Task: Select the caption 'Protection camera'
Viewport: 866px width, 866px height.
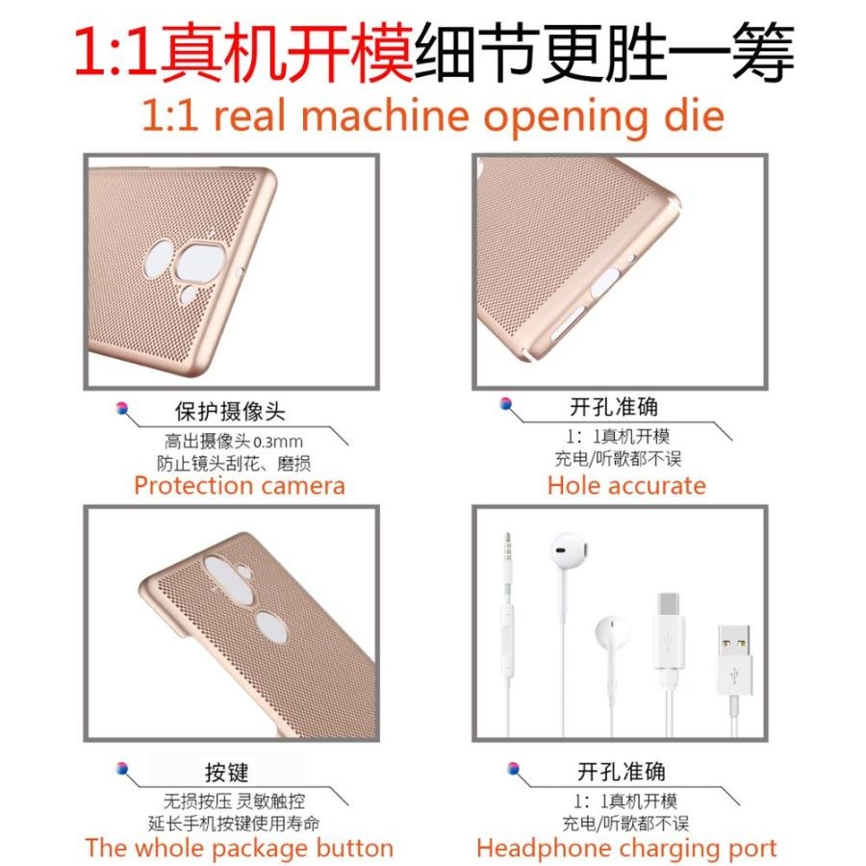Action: pos(240,486)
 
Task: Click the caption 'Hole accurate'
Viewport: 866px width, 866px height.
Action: pos(626,486)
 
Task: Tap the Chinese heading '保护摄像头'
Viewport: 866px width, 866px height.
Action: pos(230,412)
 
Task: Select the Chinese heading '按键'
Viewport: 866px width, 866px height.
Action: pos(226,772)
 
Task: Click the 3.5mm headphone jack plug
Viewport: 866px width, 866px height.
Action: pos(507,558)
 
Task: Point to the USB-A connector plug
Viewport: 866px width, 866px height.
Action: pos(734,660)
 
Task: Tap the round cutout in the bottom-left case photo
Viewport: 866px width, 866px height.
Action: pos(271,626)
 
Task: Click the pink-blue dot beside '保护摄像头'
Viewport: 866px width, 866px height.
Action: pos(122,409)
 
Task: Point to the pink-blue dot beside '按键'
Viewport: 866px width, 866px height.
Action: pos(122,768)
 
